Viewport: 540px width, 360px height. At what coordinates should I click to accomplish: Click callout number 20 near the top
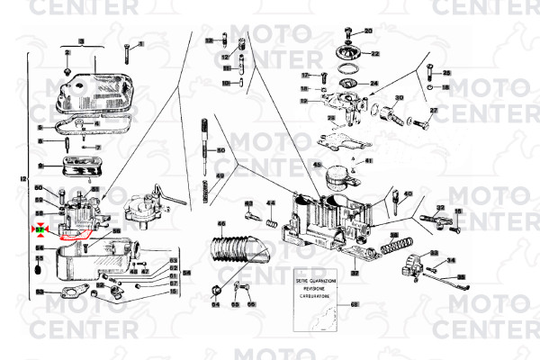(x=367, y=31)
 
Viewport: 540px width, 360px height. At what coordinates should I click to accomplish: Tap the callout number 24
(x=374, y=84)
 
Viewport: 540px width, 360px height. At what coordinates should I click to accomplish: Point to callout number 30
(x=399, y=97)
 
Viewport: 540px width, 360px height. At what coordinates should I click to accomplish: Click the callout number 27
(x=433, y=110)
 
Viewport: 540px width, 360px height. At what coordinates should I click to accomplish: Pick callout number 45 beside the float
(x=317, y=165)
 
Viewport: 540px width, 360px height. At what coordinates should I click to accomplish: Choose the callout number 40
(x=408, y=193)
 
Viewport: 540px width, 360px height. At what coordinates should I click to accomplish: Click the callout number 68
(x=354, y=306)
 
